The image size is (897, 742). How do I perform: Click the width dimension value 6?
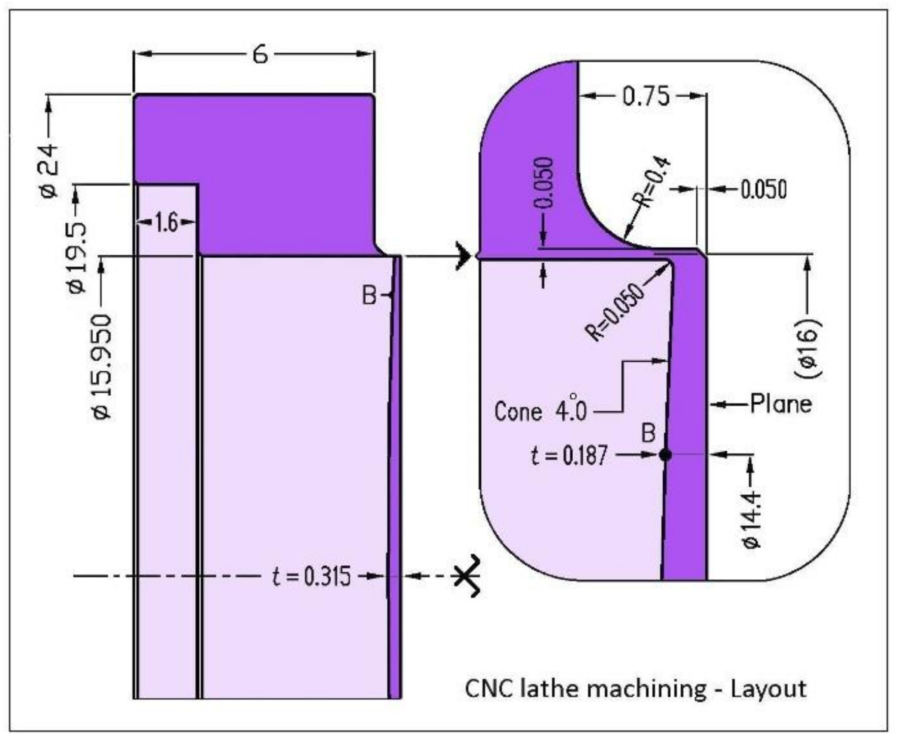(x=260, y=55)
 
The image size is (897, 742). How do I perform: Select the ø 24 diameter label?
(x=49, y=171)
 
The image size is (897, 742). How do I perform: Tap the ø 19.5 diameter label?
(x=77, y=258)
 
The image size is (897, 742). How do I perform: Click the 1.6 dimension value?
(x=166, y=223)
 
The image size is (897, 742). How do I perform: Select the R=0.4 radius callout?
(x=650, y=183)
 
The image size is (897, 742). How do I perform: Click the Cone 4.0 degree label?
(x=540, y=411)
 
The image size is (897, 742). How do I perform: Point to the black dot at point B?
(x=665, y=455)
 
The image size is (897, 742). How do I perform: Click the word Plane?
(x=780, y=404)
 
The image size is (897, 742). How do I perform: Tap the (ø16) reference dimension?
(x=808, y=348)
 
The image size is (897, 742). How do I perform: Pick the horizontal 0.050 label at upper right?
(x=763, y=189)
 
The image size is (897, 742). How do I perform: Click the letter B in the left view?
(x=369, y=296)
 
